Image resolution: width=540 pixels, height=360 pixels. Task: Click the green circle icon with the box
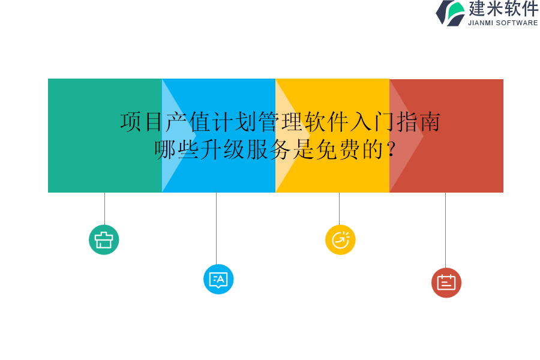[x=104, y=239]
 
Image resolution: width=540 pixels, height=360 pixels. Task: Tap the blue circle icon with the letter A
[x=218, y=279]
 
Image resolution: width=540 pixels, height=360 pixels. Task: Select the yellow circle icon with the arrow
[x=340, y=239]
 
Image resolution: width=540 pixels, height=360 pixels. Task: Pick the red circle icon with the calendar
[x=446, y=283]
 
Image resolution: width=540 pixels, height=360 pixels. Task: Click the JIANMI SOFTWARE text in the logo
[x=503, y=23]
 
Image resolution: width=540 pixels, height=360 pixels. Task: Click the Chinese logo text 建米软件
[x=503, y=9]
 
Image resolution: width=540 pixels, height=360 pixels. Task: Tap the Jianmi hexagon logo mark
[x=451, y=13]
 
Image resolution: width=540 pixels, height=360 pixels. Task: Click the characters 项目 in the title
[x=142, y=122]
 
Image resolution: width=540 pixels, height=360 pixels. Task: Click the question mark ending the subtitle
[x=391, y=149]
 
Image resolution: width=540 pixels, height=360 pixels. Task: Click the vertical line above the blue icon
[x=216, y=228]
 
